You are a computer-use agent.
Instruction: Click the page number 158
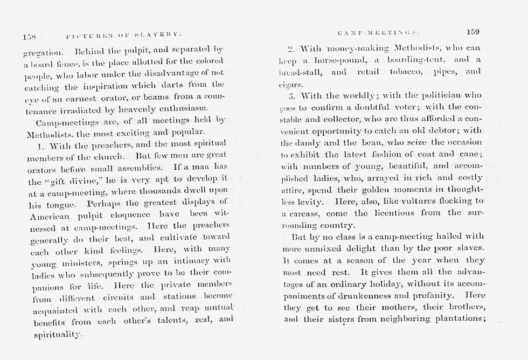tap(29, 37)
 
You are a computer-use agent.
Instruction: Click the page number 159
tap(473, 32)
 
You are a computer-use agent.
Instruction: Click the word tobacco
tap(400, 72)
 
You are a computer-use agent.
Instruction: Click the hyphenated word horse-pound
tap(335, 60)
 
